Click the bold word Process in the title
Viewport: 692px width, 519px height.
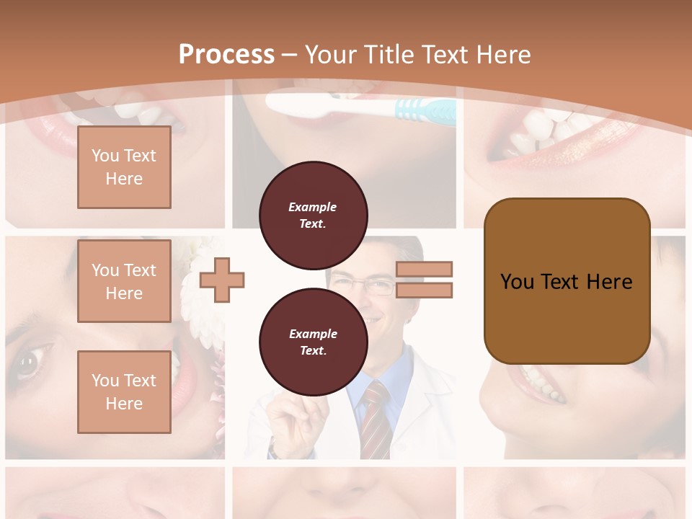[x=226, y=54]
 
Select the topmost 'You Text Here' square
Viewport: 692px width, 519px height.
[x=124, y=167]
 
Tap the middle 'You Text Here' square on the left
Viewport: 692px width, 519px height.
[x=124, y=281]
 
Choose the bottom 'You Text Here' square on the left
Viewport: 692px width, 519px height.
[x=124, y=391]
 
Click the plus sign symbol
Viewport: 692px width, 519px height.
[x=222, y=280]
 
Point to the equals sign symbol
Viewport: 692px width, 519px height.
[x=424, y=280]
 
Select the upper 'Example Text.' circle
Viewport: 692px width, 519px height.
[x=313, y=216]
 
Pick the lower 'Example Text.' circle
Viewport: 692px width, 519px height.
[x=313, y=342]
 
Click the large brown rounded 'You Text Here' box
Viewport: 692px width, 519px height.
[x=567, y=280]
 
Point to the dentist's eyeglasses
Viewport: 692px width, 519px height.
[x=373, y=287]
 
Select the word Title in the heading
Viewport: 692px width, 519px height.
[x=390, y=54]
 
